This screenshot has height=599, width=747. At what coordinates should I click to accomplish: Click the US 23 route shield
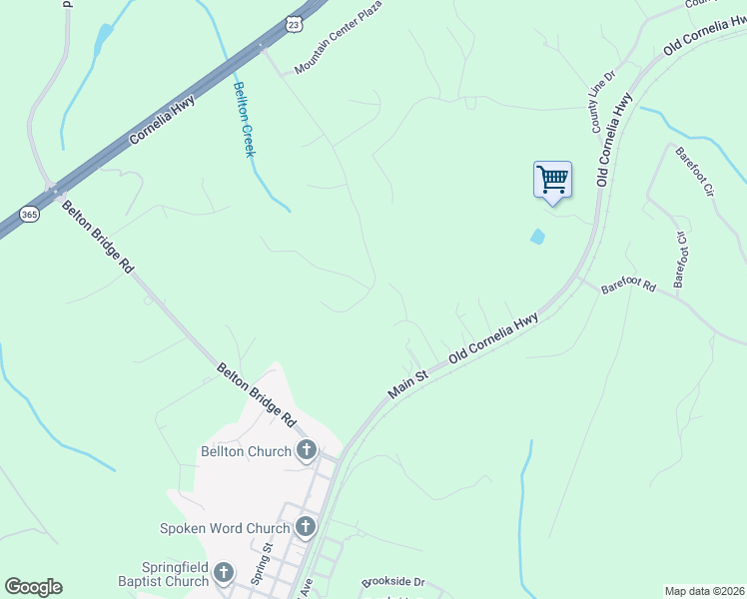pyautogui.click(x=292, y=23)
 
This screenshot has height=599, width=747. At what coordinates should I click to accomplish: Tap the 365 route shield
pyautogui.click(x=29, y=214)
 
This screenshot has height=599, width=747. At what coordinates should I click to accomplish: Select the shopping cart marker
pyautogui.click(x=552, y=181)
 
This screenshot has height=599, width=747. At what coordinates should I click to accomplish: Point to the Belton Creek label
pyautogui.click(x=245, y=119)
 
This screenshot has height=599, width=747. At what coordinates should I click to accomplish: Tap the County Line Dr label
pyautogui.click(x=604, y=102)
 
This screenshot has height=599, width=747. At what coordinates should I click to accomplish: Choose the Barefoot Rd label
pyautogui.click(x=629, y=288)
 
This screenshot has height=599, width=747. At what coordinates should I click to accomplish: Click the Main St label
pyautogui.click(x=407, y=382)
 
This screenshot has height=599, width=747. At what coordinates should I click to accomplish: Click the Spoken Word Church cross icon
pyautogui.click(x=306, y=526)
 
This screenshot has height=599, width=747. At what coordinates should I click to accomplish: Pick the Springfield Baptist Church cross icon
pyautogui.click(x=225, y=572)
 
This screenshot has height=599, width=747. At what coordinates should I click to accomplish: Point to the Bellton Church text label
pyautogui.click(x=241, y=452)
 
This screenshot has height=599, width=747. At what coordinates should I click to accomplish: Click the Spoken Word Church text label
pyautogui.click(x=225, y=527)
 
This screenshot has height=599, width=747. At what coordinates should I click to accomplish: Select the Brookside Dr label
pyautogui.click(x=393, y=581)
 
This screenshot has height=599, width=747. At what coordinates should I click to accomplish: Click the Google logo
pyautogui.click(x=33, y=587)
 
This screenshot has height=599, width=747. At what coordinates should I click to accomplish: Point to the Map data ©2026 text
pyautogui.click(x=704, y=591)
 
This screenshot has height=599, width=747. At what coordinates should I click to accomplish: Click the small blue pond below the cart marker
pyautogui.click(x=538, y=237)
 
